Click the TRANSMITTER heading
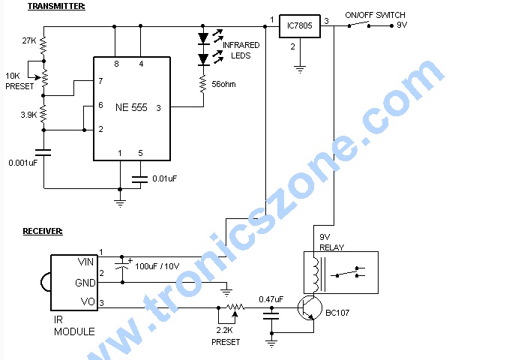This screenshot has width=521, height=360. coord(56,6)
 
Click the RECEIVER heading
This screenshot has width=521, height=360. coord(43,231)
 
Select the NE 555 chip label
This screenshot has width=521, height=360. coord(131,107)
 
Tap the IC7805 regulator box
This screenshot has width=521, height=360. coord(300,26)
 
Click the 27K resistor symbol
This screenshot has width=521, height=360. coord(43,46)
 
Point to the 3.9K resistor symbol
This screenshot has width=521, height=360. coord(43,114)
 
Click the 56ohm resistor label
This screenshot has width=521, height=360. coord(223,85)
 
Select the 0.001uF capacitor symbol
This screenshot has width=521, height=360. coord(43,152)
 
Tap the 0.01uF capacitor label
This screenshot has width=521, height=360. coord(165,178)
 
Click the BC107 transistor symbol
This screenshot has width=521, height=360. coord(310,308)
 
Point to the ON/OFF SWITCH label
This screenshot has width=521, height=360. coord(375,15)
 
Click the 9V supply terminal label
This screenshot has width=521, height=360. coord(402,25)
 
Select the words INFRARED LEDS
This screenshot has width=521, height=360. coord(241,50)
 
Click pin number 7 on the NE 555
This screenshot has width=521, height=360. coord(100,81)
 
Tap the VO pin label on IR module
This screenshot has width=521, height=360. coord(88,301)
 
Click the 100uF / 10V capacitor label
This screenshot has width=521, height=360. coord(157,266)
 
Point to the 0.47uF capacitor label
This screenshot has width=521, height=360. coord(271,299)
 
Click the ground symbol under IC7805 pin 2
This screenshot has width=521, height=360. coord(300,69)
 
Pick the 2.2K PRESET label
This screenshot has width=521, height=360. coord(226,336)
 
